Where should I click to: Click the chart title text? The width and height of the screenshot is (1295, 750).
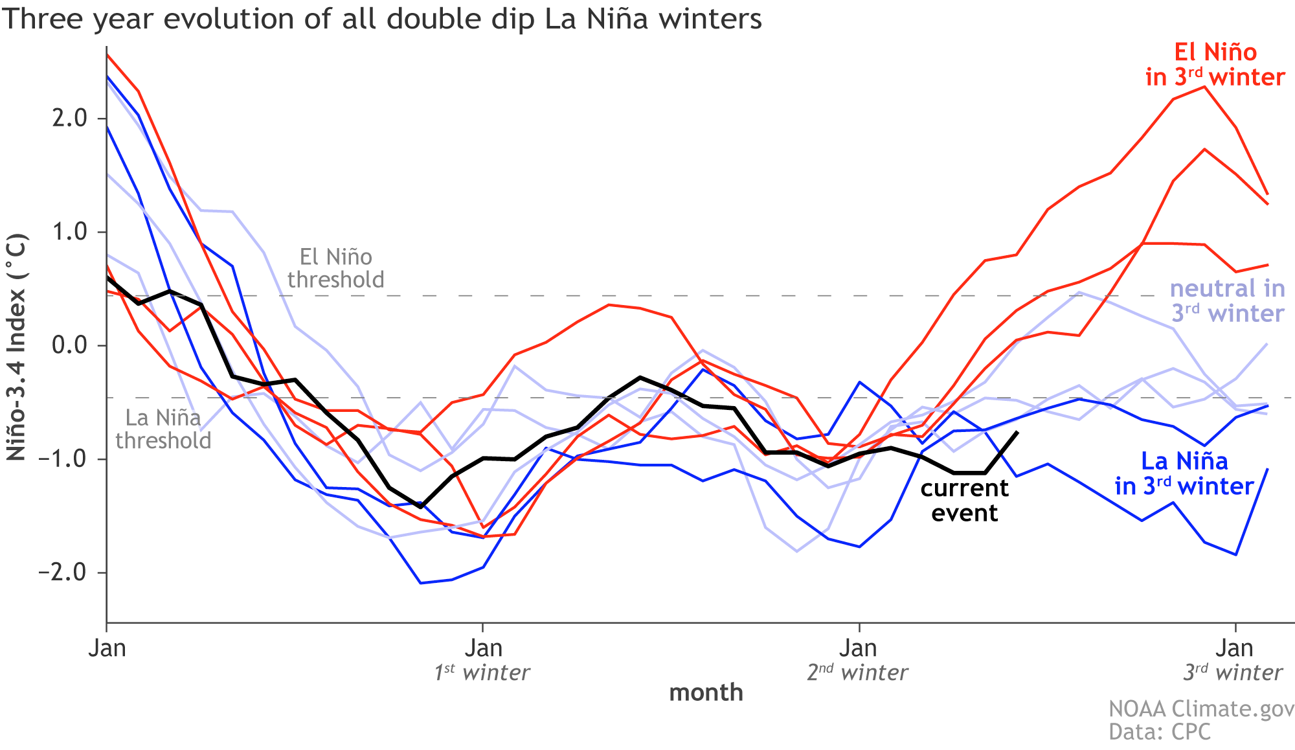[x=381, y=19]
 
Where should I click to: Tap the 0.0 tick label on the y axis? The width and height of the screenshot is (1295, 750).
[x=70, y=345]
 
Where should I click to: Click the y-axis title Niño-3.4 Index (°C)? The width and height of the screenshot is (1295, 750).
[x=17, y=348]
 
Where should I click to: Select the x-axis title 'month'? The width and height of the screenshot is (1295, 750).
[x=706, y=692]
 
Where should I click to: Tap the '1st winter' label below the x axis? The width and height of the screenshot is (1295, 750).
[x=482, y=673]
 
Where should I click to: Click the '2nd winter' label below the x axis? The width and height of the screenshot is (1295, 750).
[x=857, y=673]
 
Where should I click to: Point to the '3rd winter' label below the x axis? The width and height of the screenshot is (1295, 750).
[x=1233, y=673]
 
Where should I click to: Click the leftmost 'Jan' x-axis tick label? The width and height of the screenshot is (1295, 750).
[x=107, y=648]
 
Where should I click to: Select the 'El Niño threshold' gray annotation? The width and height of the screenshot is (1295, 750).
[x=335, y=268]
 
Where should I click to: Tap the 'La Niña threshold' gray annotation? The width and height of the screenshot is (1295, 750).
[x=163, y=429]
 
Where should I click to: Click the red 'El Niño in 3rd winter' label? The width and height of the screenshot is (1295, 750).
[x=1215, y=65]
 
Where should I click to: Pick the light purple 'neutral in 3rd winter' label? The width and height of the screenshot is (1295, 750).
[x=1228, y=301]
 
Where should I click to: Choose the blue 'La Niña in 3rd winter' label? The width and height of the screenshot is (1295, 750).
[x=1184, y=473]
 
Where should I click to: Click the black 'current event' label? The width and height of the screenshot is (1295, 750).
[x=964, y=500]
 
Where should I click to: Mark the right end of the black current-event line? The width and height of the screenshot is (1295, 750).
[x=1017, y=432]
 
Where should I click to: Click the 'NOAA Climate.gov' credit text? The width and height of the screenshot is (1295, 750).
[x=1201, y=709]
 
